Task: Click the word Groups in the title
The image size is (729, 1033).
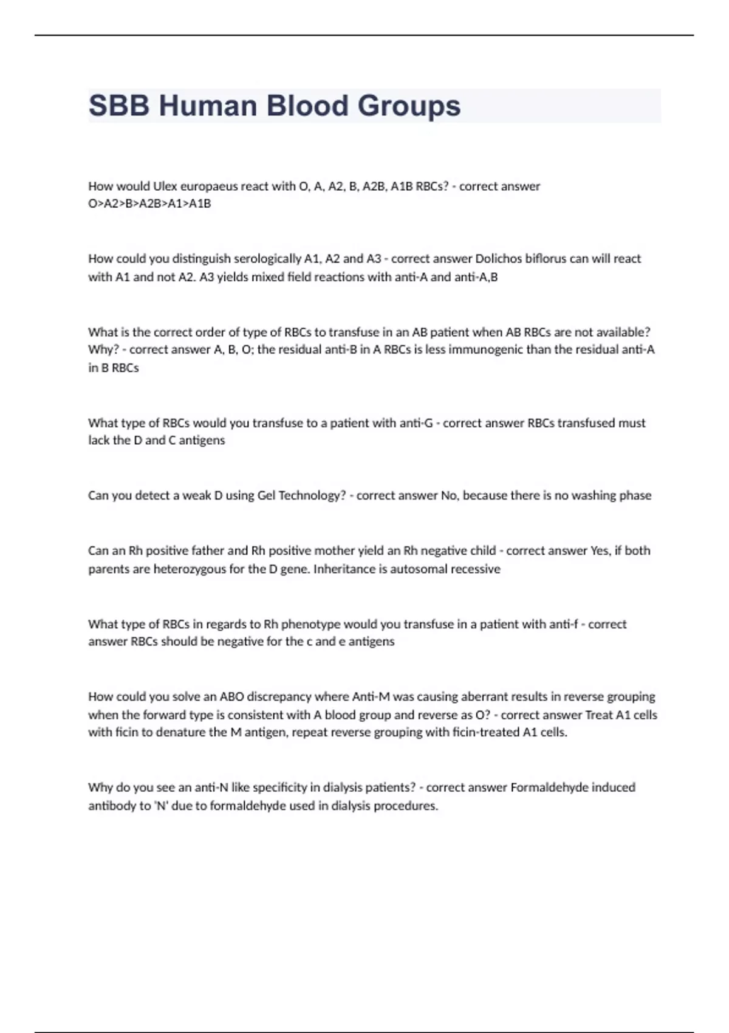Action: pyautogui.click(x=409, y=106)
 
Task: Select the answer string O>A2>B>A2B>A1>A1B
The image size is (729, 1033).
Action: pyautogui.click(x=149, y=204)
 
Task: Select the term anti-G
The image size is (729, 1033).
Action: pyautogui.click(x=416, y=423)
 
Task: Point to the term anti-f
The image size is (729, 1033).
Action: pyautogui.click(x=563, y=624)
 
